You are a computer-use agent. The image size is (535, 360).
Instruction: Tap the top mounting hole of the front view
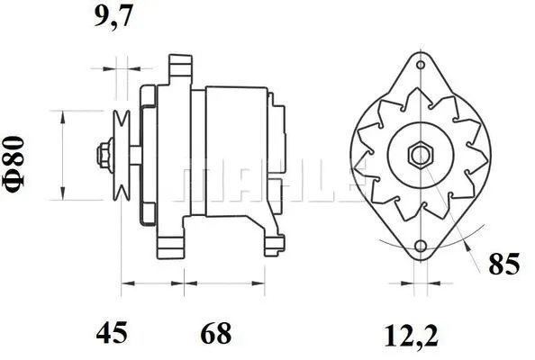pos(420,63)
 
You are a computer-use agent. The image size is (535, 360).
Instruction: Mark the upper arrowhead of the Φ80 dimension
pos(61,114)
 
